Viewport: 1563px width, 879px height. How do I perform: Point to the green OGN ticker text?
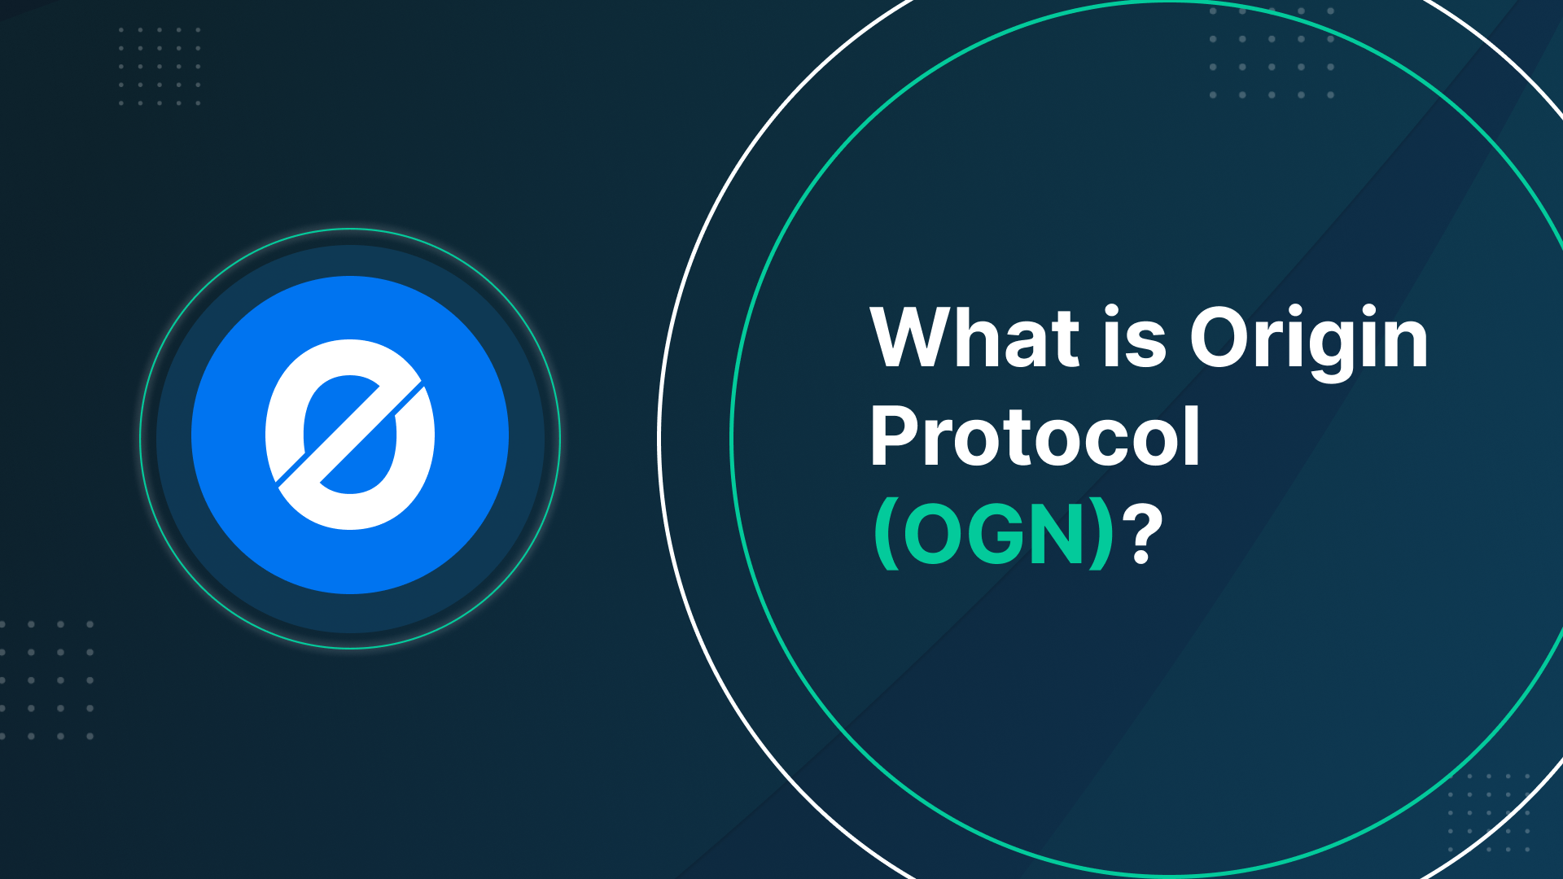tap(993, 535)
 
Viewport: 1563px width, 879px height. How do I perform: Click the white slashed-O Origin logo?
tap(350, 435)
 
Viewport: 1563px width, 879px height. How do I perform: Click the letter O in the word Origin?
tap(1221, 338)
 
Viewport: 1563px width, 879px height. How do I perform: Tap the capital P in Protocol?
tap(894, 437)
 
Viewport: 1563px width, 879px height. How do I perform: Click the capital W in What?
tap(910, 338)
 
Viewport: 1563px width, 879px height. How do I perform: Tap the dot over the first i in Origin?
tap(1295, 310)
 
